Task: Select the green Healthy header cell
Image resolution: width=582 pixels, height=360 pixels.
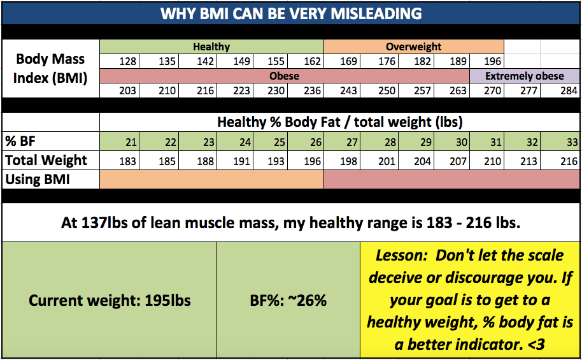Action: pos(211,47)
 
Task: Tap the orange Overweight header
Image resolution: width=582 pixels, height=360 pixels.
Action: pos(413,47)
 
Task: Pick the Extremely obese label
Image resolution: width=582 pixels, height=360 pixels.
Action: pos(525,76)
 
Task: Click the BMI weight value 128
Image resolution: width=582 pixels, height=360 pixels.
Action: pos(128,62)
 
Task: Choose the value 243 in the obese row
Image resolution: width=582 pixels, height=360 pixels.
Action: pos(348,90)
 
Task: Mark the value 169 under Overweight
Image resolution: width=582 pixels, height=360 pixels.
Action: pos(348,62)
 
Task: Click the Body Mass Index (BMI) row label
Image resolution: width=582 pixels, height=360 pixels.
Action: pos(50,68)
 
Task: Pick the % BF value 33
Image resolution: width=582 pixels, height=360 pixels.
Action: pos(571,141)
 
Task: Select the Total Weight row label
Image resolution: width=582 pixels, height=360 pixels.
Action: pos(46,160)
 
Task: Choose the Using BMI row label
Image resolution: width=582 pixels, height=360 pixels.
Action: pos(38,180)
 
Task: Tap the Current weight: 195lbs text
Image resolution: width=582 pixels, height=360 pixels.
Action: pos(110,300)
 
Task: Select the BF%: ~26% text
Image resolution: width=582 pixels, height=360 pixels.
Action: pos(288,300)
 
